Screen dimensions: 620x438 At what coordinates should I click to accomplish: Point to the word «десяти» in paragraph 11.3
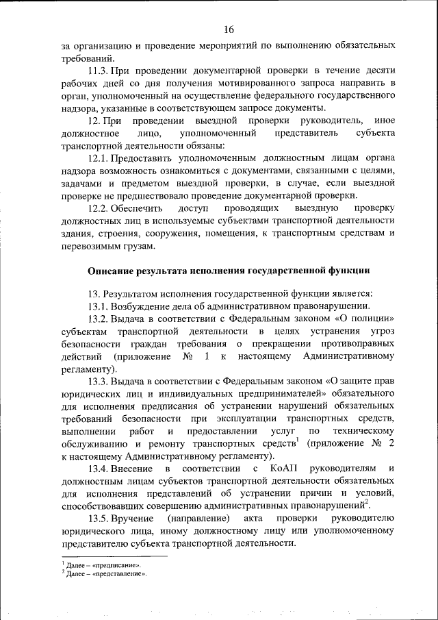(x=378, y=71)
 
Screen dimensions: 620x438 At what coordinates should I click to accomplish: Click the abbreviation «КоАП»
(x=281, y=469)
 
